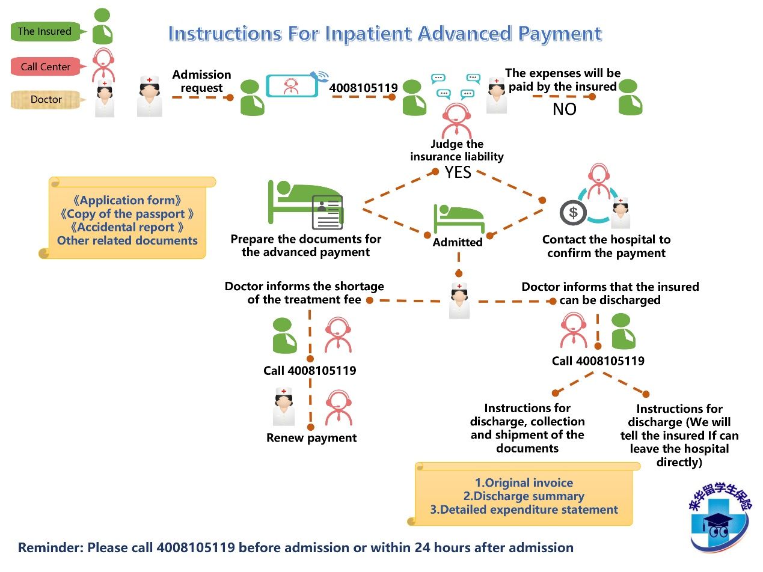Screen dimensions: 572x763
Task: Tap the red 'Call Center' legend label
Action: tap(45, 67)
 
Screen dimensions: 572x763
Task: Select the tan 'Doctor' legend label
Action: tap(46, 100)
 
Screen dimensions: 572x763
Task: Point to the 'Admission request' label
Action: tap(201, 81)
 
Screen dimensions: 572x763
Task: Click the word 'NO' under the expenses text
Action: tap(564, 109)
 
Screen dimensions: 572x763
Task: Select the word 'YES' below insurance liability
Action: tap(458, 172)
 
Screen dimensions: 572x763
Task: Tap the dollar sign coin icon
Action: tap(572, 212)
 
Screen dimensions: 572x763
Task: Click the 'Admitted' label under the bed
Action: tap(458, 242)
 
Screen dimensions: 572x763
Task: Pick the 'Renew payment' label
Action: tap(311, 438)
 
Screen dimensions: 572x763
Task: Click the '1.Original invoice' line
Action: tap(524, 483)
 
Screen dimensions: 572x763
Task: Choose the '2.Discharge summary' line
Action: tap(524, 496)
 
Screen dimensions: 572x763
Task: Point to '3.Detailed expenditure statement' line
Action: tap(524, 510)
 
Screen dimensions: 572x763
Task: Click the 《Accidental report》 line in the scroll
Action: tap(126, 227)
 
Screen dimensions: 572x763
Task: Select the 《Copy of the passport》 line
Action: tap(126, 214)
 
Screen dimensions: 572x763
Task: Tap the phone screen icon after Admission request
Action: tap(292, 86)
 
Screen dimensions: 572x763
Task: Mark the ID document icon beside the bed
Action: tap(327, 212)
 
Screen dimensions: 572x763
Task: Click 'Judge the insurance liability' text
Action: tap(457, 150)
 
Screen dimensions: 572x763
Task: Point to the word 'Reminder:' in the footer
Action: tap(51, 548)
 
